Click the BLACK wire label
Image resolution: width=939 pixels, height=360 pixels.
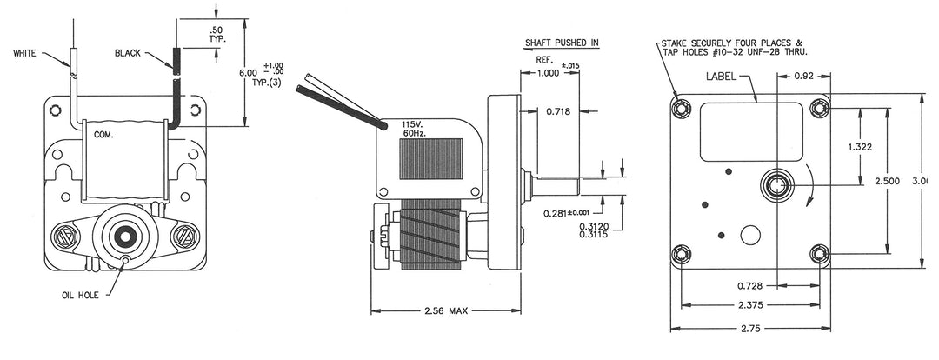coord(128,53)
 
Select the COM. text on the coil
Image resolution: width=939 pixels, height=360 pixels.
coord(103,136)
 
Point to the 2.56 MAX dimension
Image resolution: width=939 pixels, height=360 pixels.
coord(446,310)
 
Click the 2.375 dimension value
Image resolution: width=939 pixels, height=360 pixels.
coord(749,305)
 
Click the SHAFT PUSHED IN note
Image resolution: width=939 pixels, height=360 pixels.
coord(562,42)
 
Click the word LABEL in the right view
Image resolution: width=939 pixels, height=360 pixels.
coord(721,76)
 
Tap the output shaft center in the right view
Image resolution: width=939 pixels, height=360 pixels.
coord(775,184)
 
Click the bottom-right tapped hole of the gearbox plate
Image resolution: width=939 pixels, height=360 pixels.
coord(819,253)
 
